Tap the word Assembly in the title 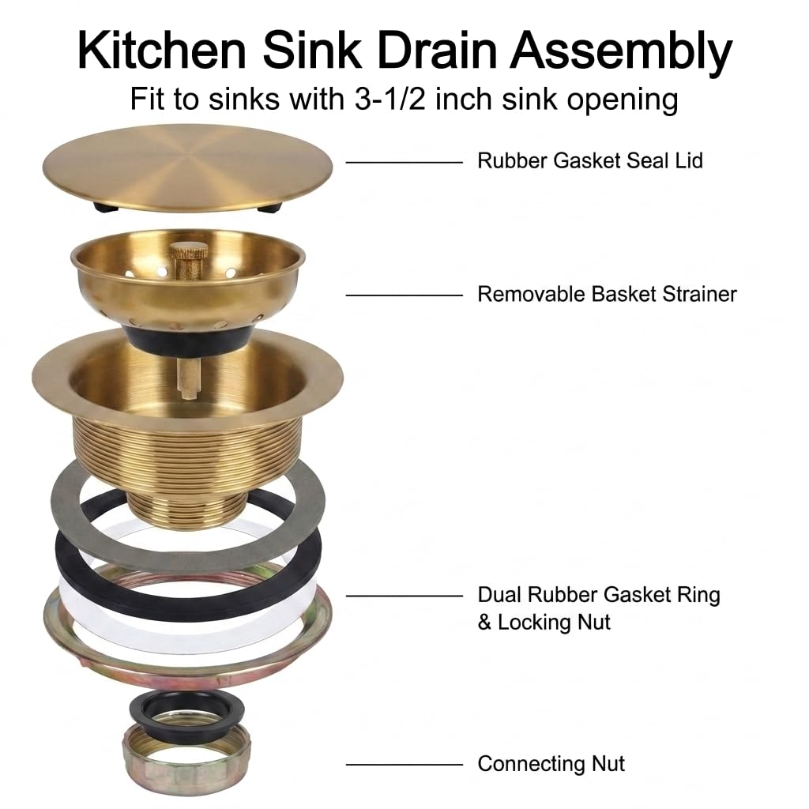click(621, 53)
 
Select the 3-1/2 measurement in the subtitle click(390, 98)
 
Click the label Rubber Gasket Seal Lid click(589, 160)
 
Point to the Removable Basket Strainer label click(607, 294)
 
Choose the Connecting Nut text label click(551, 764)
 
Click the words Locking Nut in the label click(554, 622)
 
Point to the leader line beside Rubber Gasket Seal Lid click(404, 163)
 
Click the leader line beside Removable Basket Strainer click(404, 295)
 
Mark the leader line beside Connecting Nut click(404, 765)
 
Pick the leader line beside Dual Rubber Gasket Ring click(404, 596)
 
